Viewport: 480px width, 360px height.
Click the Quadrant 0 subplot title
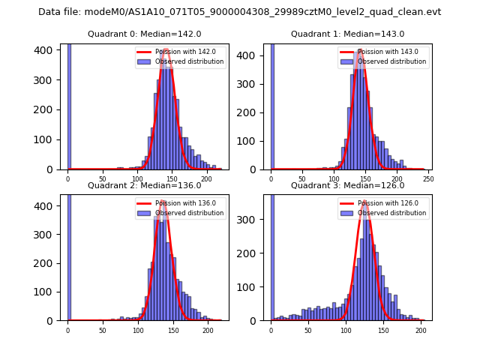click(145, 34)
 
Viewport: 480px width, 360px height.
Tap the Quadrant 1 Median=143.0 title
click(347, 34)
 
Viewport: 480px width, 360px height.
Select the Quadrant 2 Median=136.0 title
click(145, 185)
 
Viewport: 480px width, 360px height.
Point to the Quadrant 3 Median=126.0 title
click(347, 185)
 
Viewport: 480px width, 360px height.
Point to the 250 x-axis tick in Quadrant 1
click(428, 178)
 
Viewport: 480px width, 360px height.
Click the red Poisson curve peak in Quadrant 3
click(365, 201)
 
